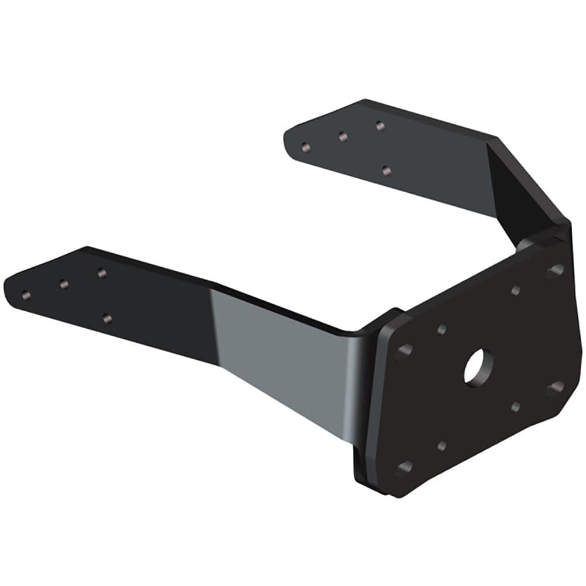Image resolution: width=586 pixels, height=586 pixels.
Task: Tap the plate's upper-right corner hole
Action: click(x=554, y=271)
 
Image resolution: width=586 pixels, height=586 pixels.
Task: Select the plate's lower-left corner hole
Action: click(x=403, y=467)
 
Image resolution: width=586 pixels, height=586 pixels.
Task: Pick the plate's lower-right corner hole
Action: click(x=554, y=388)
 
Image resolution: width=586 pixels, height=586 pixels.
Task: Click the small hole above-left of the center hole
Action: click(x=442, y=329)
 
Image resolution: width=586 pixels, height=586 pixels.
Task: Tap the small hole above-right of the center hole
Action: click(x=516, y=290)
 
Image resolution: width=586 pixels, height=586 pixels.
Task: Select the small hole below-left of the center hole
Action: click(x=442, y=446)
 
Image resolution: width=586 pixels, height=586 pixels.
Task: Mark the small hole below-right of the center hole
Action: click(x=516, y=406)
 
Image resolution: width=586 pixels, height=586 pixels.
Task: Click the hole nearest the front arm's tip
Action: click(x=25, y=294)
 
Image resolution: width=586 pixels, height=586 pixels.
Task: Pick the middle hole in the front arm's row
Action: click(x=64, y=284)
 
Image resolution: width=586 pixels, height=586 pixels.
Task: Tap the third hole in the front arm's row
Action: click(x=101, y=272)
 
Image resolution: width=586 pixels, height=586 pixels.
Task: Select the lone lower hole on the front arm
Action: click(x=107, y=318)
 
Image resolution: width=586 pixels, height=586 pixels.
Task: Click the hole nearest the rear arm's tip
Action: click(x=305, y=146)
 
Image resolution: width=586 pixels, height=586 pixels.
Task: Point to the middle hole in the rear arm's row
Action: click(x=343, y=137)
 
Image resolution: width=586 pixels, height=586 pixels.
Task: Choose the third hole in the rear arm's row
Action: click(x=380, y=125)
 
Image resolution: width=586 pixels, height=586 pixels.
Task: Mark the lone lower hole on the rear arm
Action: click(x=386, y=171)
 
